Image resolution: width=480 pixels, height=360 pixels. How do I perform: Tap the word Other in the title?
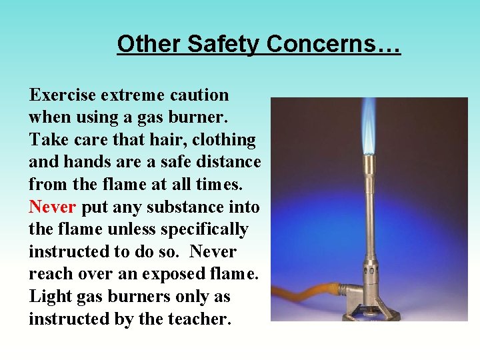(x=149, y=44)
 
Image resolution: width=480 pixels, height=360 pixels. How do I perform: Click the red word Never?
(x=52, y=207)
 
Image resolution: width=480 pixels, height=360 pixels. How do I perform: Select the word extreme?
(x=132, y=95)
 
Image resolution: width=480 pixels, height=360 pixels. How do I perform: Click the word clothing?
(x=224, y=140)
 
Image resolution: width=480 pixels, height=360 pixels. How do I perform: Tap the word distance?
(x=229, y=163)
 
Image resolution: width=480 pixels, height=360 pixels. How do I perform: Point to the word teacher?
(x=199, y=319)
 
